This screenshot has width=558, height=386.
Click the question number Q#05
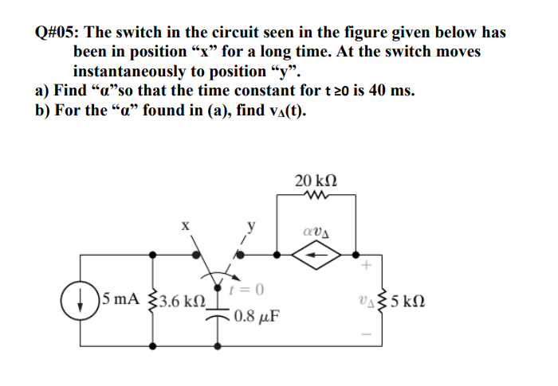[x=57, y=33]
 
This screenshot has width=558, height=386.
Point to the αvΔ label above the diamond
[x=316, y=232]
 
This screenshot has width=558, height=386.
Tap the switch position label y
[x=250, y=226]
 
